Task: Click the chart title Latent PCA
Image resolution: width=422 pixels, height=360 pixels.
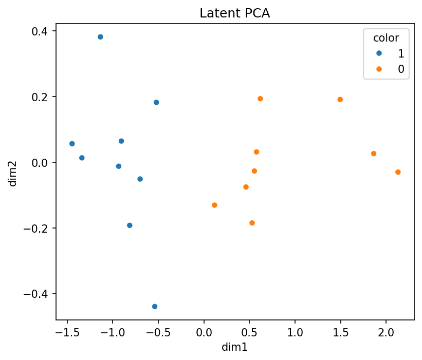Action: (234, 14)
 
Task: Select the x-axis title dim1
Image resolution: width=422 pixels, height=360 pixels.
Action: (234, 348)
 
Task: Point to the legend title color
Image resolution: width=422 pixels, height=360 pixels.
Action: (386, 37)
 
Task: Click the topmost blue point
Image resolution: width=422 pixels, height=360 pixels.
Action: (100, 37)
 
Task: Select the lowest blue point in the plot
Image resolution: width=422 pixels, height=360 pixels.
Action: (155, 307)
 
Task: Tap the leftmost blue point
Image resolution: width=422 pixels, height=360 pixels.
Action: (72, 144)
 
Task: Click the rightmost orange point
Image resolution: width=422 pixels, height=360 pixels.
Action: (398, 172)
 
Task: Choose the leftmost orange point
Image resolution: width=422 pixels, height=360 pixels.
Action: (214, 205)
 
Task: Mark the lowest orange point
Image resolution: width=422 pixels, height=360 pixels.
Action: (252, 223)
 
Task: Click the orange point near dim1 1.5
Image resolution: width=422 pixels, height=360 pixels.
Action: (340, 100)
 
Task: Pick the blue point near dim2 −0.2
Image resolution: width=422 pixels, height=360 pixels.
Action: (130, 225)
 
